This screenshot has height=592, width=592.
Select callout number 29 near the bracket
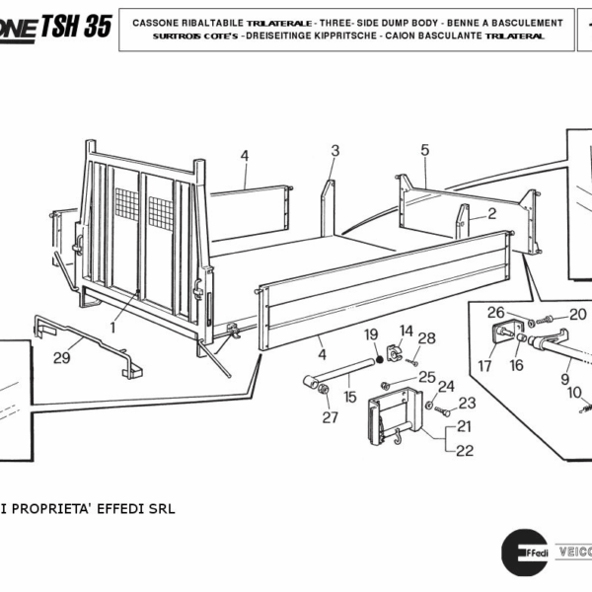point(61,358)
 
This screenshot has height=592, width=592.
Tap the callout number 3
point(334,150)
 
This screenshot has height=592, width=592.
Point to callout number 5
point(425,150)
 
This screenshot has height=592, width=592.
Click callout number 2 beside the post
point(491,212)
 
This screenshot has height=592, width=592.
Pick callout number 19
point(372,334)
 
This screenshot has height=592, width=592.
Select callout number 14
point(407,330)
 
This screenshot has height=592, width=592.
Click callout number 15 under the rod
point(349,397)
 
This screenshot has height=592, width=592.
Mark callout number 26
point(497,314)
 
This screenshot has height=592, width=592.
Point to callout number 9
point(564,376)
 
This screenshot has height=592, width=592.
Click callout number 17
point(484,366)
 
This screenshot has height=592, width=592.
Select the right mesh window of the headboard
point(161,209)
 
